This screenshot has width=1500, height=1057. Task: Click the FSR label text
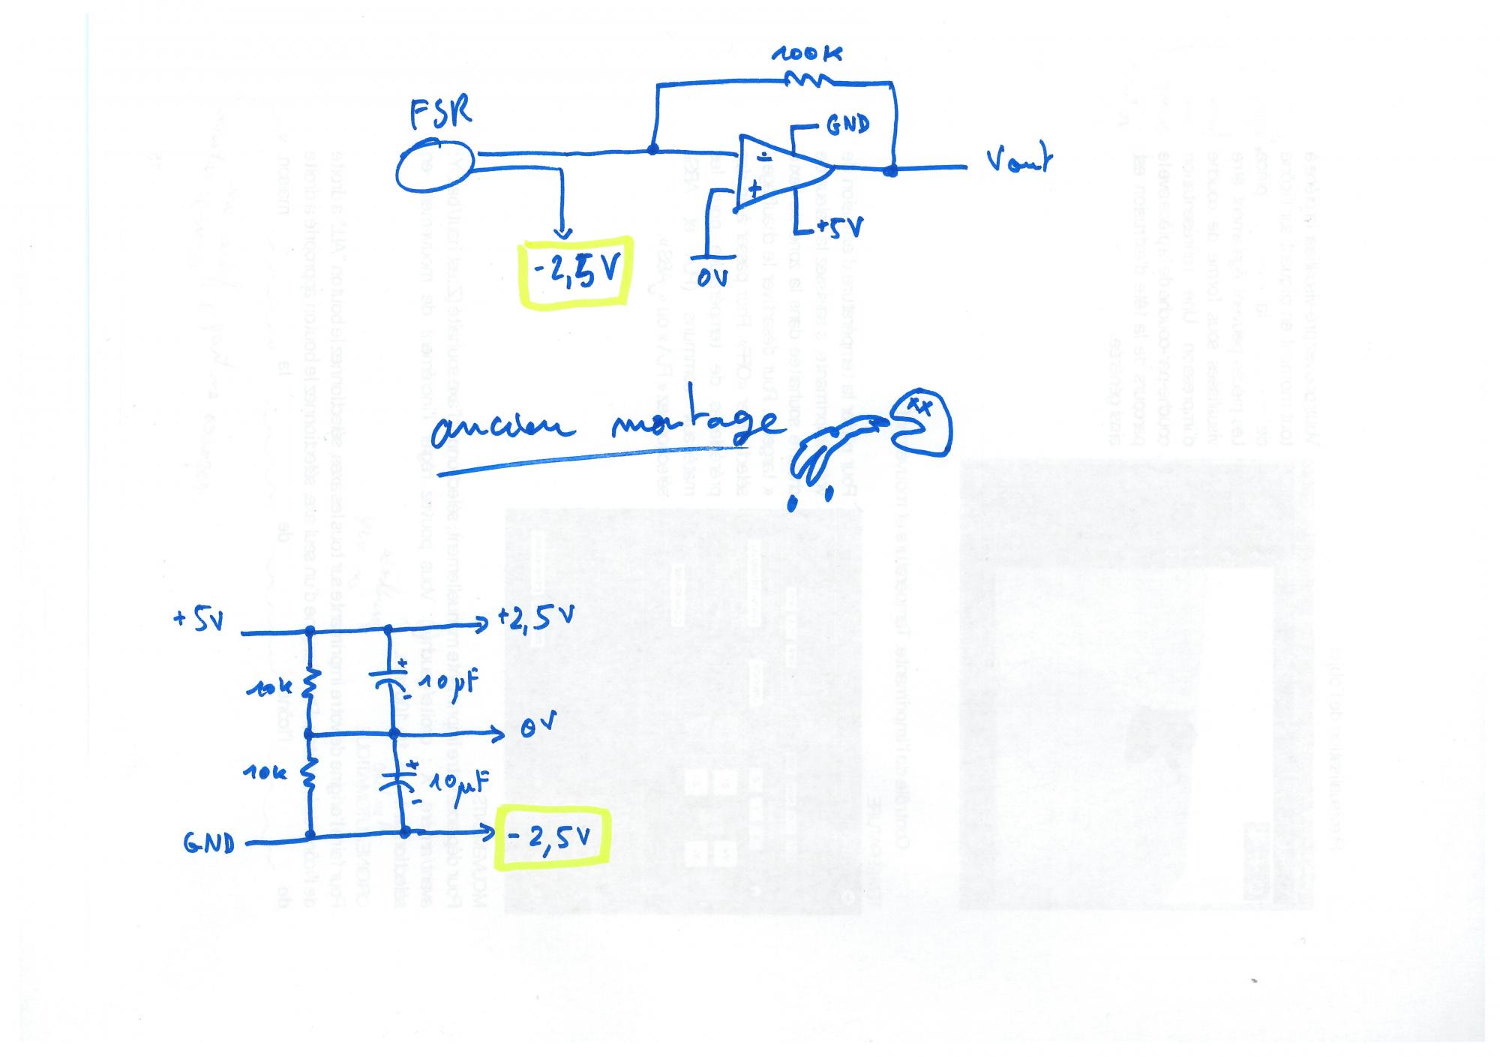point(441,115)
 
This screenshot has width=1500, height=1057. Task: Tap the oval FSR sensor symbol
point(434,167)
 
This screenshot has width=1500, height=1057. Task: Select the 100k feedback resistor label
point(806,53)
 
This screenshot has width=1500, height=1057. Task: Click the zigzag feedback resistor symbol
point(807,80)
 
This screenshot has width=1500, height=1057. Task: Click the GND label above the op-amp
point(847,125)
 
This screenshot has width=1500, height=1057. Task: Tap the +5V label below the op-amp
point(838,227)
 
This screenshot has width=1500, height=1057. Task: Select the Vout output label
point(1018,161)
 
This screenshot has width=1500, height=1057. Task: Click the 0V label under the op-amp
point(712,278)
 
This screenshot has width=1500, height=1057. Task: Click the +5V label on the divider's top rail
point(198,621)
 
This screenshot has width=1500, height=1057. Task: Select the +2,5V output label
point(535,620)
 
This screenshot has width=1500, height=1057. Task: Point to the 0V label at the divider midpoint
point(539,726)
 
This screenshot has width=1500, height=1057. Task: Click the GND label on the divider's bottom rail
point(208,844)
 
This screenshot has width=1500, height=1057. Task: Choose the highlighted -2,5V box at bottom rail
point(554,836)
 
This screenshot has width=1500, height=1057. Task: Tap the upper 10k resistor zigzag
point(310,684)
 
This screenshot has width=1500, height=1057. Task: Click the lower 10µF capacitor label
point(459,783)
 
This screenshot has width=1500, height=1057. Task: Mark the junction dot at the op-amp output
point(890,171)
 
